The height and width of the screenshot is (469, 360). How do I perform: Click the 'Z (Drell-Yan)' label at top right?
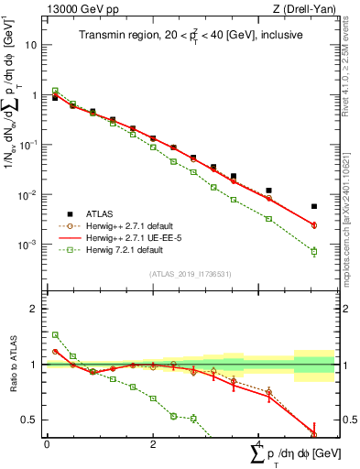click(295, 8)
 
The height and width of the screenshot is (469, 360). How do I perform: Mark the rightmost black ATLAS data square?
click(314, 206)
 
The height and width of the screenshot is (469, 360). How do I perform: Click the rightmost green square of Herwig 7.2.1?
click(314, 251)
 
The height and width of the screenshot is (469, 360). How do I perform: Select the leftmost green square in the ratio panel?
click(55, 335)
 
